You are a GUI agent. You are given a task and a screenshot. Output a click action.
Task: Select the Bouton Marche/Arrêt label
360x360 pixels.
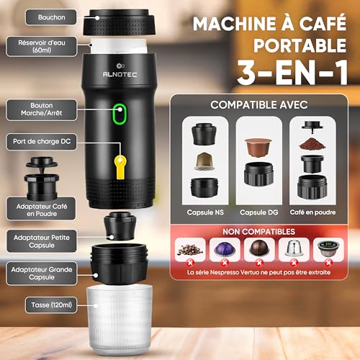point(35,109)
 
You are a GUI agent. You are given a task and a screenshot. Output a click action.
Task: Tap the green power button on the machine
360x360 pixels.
point(122,114)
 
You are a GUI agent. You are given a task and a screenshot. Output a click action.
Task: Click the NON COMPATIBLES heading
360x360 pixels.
point(258,232)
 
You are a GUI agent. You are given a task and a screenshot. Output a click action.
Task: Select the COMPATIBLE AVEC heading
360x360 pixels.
point(258,105)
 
